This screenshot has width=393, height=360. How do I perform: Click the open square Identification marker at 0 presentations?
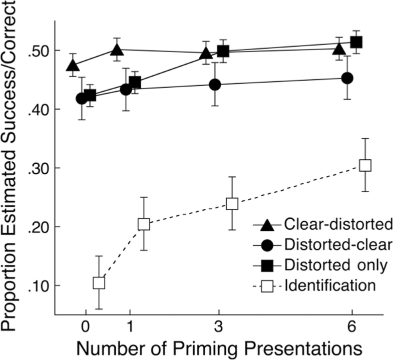point(99,283)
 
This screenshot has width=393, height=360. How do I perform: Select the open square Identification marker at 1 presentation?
point(144,224)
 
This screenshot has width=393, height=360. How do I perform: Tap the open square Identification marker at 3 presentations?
point(232,204)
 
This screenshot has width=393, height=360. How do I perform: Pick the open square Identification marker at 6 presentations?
point(365,165)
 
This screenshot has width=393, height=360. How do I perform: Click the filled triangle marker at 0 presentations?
point(73,66)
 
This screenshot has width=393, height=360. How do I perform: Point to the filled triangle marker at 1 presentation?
point(117,50)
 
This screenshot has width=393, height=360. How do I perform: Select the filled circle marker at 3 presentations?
point(215,85)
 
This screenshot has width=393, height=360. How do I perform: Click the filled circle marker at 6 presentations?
point(347,78)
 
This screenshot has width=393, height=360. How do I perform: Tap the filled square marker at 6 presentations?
point(356,43)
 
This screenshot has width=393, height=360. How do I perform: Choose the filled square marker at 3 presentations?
point(223,51)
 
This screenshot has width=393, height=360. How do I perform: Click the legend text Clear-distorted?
point(329,224)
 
